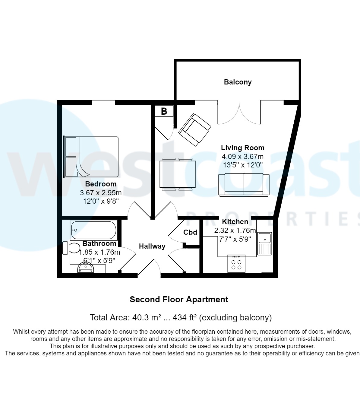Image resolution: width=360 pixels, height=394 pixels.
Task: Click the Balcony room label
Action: pyautogui.click(x=238, y=82)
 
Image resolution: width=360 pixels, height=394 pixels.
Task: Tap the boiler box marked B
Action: pyautogui.click(x=164, y=111)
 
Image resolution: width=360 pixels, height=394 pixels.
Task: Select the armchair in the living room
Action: pyautogui.click(x=194, y=130)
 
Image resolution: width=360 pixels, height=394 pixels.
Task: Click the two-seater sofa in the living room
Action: pyautogui.click(x=244, y=185)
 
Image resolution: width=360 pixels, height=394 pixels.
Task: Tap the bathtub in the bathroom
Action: pyautogui.click(x=93, y=230)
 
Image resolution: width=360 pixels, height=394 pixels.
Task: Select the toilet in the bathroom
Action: pyautogui.click(x=71, y=248)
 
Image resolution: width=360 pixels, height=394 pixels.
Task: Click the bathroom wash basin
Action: pyautogui.click(x=86, y=268)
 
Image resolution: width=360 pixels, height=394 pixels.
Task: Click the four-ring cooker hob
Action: pyautogui.click(x=236, y=264)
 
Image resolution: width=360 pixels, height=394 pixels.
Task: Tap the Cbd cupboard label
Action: pyautogui.click(x=190, y=232)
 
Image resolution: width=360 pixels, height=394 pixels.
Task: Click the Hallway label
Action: pyautogui.click(x=152, y=246)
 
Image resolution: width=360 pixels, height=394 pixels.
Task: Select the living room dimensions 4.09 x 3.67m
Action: pyautogui.click(x=242, y=157)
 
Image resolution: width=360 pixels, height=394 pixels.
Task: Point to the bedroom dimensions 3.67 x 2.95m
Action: pyautogui.click(x=101, y=192)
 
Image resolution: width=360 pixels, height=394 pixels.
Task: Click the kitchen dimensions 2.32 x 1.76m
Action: pyautogui.click(x=235, y=230)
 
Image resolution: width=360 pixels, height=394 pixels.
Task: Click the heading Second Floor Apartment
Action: pyautogui.click(x=179, y=300)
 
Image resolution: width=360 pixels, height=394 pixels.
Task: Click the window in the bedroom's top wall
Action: pyautogui.click(x=104, y=103)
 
